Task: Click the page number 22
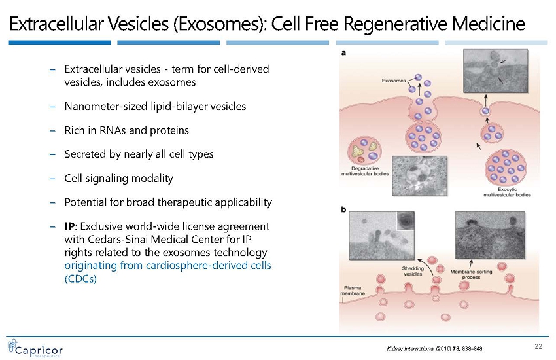(x=539, y=346)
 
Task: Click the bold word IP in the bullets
(x=71, y=226)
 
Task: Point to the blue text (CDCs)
(x=81, y=278)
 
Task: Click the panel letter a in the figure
(x=343, y=54)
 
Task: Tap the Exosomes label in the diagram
(x=395, y=81)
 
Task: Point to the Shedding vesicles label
(x=412, y=272)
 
